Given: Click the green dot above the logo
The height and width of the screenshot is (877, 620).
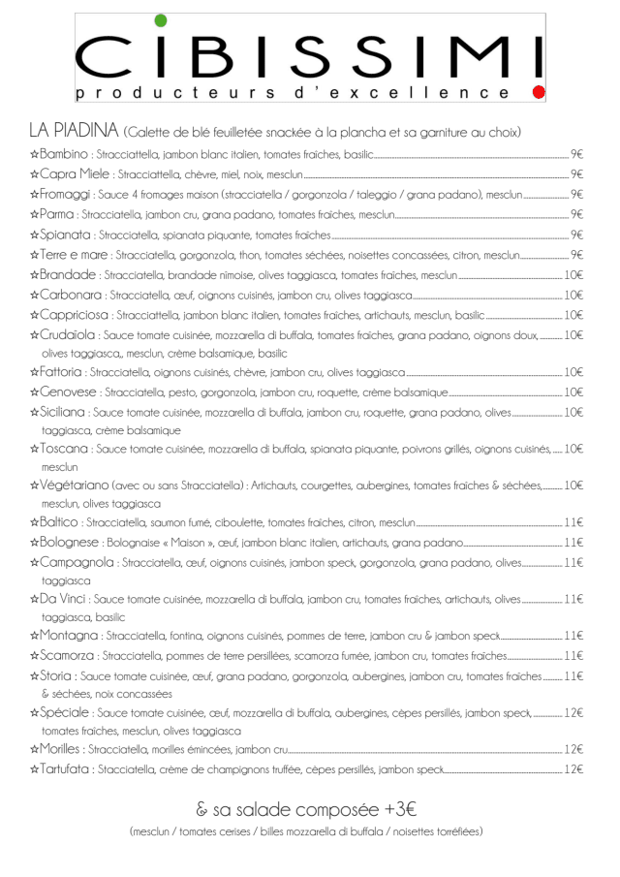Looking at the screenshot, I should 160,20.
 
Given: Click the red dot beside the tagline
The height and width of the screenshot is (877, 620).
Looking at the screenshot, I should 540,92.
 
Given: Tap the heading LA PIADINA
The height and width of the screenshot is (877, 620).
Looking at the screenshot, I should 74,131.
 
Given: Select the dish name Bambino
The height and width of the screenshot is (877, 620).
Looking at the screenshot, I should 64,153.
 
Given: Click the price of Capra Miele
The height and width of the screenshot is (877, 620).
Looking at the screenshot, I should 576,173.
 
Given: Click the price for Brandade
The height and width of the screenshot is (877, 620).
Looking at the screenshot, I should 573,275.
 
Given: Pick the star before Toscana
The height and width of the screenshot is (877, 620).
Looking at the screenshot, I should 35,449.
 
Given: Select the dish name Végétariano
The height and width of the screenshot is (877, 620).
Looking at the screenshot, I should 74,485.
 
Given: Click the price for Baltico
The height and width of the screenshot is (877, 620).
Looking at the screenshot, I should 573,521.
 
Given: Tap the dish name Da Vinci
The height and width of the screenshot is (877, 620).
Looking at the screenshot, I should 64,599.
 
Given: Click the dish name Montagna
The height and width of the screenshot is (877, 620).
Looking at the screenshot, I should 70,636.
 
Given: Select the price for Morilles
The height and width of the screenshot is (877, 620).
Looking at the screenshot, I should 573,749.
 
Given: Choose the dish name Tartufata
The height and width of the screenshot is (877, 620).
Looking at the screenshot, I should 66,769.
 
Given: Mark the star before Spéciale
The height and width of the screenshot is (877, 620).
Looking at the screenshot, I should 35,713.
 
